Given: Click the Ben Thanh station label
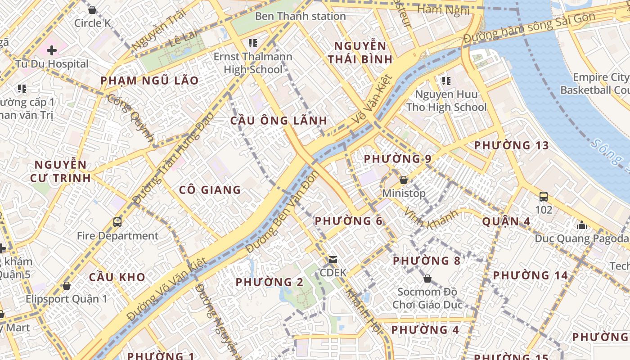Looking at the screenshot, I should (x=300, y=16).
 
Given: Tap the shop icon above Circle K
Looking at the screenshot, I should (x=92, y=9).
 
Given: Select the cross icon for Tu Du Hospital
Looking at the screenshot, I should (x=52, y=50).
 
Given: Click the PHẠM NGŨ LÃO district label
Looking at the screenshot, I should (x=149, y=81).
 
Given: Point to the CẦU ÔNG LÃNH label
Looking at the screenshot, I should (x=279, y=121).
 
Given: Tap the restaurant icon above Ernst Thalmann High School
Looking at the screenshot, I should (x=252, y=43).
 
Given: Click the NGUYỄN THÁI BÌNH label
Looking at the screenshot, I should (x=360, y=52).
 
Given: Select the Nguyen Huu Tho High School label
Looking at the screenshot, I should (x=446, y=101).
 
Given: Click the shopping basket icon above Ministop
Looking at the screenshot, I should (x=404, y=180).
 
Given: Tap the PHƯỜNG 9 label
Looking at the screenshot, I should (x=397, y=159).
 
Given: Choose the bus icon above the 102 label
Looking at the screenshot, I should (x=543, y=196).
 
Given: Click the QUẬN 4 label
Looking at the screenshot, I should (x=506, y=221).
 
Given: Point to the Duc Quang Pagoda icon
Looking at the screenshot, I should (x=582, y=225).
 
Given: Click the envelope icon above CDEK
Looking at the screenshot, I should (x=333, y=259).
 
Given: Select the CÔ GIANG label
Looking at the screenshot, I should (x=210, y=190).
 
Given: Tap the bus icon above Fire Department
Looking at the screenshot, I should (x=117, y=222).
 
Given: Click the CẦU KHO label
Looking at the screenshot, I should (x=117, y=277).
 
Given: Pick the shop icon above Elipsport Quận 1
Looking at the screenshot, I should (x=67, y=286).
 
